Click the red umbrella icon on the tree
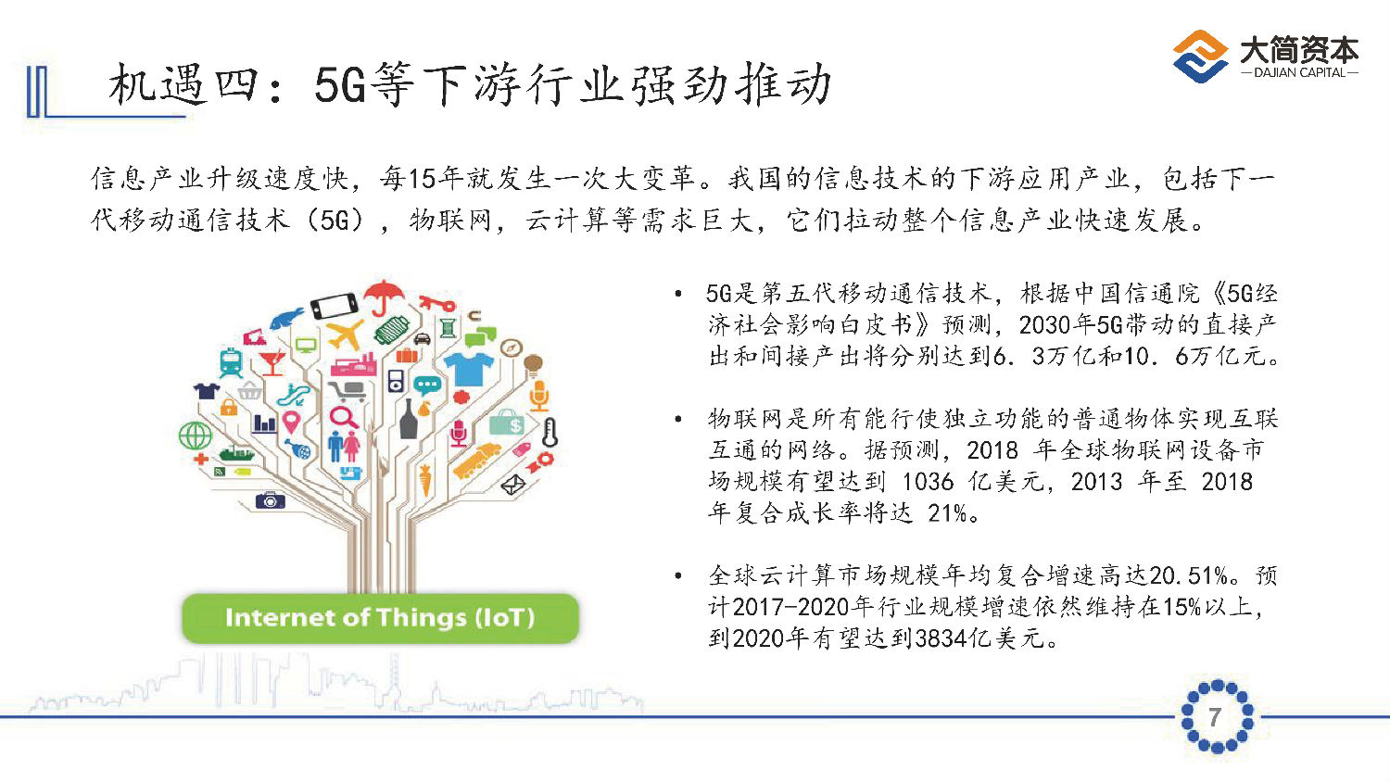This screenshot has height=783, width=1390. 384,297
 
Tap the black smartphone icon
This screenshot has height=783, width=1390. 335,305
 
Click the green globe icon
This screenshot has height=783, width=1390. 195,435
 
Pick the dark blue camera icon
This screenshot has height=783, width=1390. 270,500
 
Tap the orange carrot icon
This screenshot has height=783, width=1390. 425,480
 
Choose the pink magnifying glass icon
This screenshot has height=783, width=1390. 343,417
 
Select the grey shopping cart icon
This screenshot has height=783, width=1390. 347,392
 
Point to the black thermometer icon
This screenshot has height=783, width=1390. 550,433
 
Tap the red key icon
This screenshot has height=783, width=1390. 436,303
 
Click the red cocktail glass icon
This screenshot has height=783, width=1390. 272,362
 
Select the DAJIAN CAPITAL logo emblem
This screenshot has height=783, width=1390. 1200,56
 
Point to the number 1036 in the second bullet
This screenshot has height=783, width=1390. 928,482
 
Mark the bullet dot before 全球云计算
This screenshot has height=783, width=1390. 678,575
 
